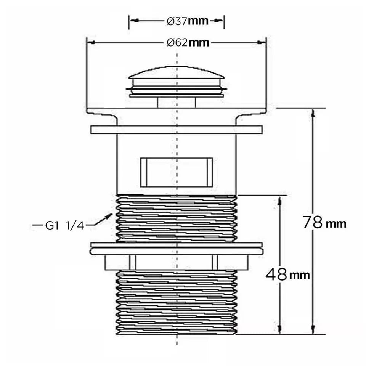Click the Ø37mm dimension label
188,21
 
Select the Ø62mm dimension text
188,43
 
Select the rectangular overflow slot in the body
177,172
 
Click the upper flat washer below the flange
177,130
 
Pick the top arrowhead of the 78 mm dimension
313,113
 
